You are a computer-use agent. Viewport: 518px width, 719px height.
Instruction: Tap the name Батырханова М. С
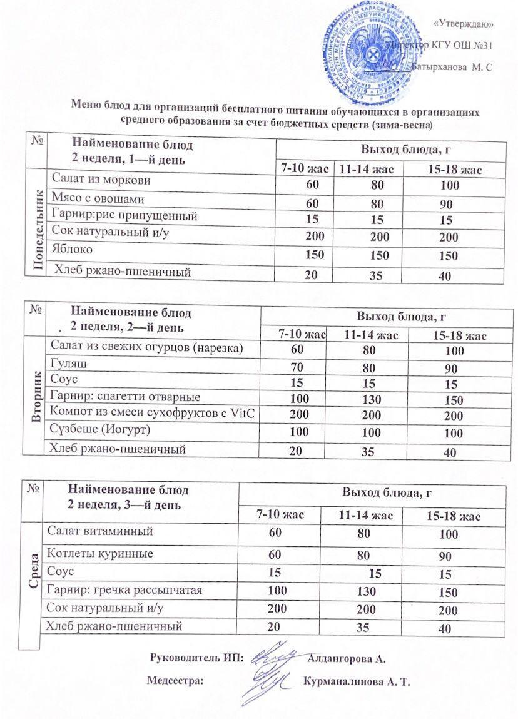coord(452,67)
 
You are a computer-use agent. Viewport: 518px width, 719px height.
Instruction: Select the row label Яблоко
coord(73,249)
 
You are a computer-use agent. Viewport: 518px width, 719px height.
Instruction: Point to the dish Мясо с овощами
coord(98,200)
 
